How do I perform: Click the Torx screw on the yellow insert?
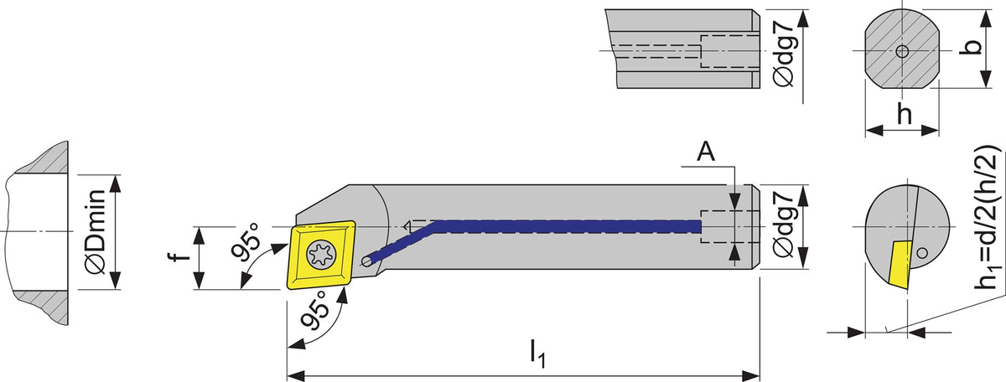322,255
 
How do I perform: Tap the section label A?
706,152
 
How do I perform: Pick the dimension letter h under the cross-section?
905,114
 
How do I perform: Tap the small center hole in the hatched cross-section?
902,51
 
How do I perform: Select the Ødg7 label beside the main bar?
785,227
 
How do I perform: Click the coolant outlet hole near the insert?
367,261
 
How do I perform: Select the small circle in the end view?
922,253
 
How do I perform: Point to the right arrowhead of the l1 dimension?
750,374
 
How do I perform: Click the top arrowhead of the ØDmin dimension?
116,184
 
